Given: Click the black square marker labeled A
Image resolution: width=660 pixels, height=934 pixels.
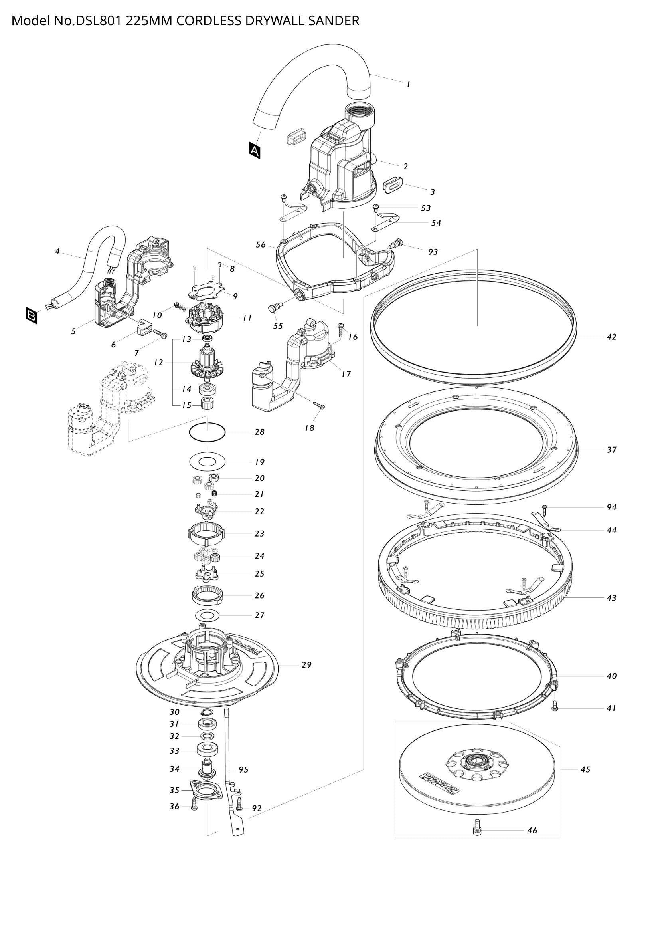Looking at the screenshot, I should [x=255, y=151].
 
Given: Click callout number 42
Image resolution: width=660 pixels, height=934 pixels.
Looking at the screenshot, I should [x=611, y=337].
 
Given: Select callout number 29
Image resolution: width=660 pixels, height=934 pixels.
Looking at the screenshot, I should [x=306, y=665].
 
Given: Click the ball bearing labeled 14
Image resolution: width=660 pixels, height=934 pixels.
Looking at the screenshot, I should [x=207, y=389].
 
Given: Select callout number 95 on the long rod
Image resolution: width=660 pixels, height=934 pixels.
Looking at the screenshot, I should [x=243, y=769].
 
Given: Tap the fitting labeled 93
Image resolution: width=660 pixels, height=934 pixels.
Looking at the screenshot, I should [x=395, y=244].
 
